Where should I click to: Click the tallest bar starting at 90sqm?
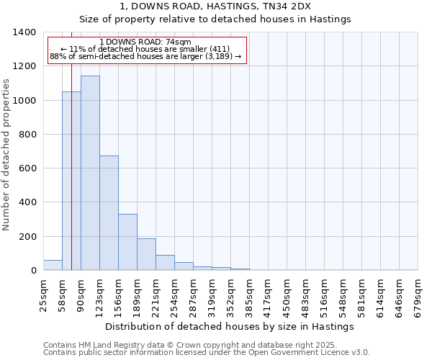click(x=90, y=173)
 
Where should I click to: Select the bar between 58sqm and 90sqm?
click(x=71, y=181)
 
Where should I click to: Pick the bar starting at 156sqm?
click(x=127, y=242)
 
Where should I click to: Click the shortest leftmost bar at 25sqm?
click(x=53, y=265)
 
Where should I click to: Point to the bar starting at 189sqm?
click(x=146, y=254)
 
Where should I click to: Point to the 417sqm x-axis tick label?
click(x=268, y=294)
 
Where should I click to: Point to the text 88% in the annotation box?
click(x=58, y=57)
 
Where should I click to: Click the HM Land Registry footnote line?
click(x=189, y=345)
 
